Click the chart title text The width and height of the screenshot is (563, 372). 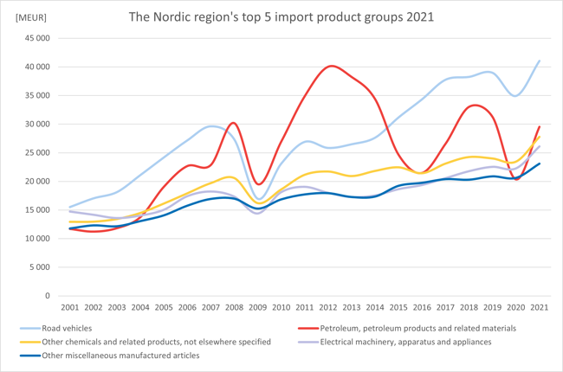pyautogui.click(x=281, y=16)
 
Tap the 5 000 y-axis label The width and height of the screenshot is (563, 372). pyautogui.click(x=39, y=267)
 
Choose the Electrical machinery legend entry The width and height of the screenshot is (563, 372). pyautogui.click(x=406, y=342)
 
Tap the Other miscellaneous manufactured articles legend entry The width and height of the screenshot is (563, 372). pyautogui.click(x=120, y=355)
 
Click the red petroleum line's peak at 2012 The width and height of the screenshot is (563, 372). pyautogui.click(x=331, y=66)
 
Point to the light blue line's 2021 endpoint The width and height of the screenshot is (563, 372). pyautogui.click(x=539, y=61)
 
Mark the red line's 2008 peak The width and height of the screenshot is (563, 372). pyautogui.click(x=233, y=123)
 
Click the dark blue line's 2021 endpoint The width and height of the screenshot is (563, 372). pyautogui.click(x=539, y=164)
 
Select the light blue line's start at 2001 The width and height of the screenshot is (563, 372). pyautogui.click(x=70, y=207)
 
